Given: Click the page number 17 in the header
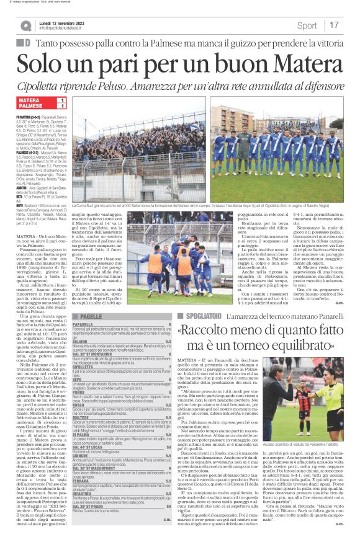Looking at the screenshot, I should [x=335, y=25].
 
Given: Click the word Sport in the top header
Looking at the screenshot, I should [x=307, y=25].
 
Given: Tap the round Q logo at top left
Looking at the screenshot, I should [x=25, y=25].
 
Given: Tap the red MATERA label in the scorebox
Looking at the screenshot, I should [x=30, y=100].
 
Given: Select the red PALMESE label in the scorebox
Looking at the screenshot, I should [x=31, y=107].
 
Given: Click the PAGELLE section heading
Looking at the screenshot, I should [x=91, y=316].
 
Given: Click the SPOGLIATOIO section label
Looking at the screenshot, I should [x=200, y=316].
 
